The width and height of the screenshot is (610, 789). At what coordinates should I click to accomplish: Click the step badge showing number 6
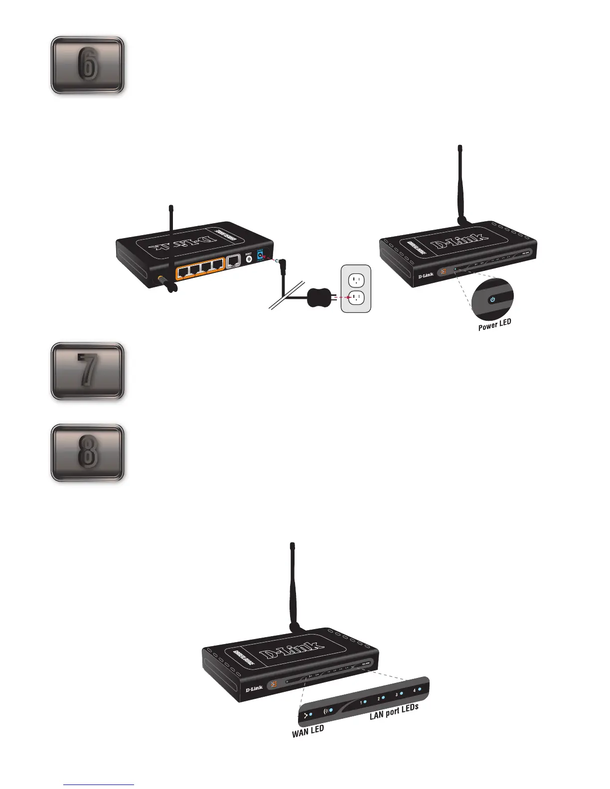tap(87, 65)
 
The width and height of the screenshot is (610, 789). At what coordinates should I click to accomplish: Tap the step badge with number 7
tap(87, 372)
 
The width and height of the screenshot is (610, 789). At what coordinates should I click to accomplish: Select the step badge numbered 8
tap(87, 453)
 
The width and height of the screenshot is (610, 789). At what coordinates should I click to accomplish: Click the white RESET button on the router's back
tap(249, 260)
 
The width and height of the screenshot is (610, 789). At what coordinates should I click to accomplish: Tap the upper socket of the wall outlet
tap(356, 279)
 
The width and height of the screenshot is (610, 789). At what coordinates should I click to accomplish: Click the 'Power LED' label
tap(494, 325)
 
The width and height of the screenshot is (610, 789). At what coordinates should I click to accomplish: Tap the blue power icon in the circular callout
tap(492, 299)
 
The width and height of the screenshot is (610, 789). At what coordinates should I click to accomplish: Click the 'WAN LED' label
tap(308, 731)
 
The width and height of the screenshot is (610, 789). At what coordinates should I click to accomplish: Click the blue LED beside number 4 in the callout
tap(420, 689)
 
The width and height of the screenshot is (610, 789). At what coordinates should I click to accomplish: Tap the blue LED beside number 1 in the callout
tap(365, 702)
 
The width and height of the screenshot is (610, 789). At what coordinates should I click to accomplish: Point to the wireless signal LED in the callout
tap(330, 709)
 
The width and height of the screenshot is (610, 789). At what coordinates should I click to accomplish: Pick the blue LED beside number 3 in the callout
tap(402, 693)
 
